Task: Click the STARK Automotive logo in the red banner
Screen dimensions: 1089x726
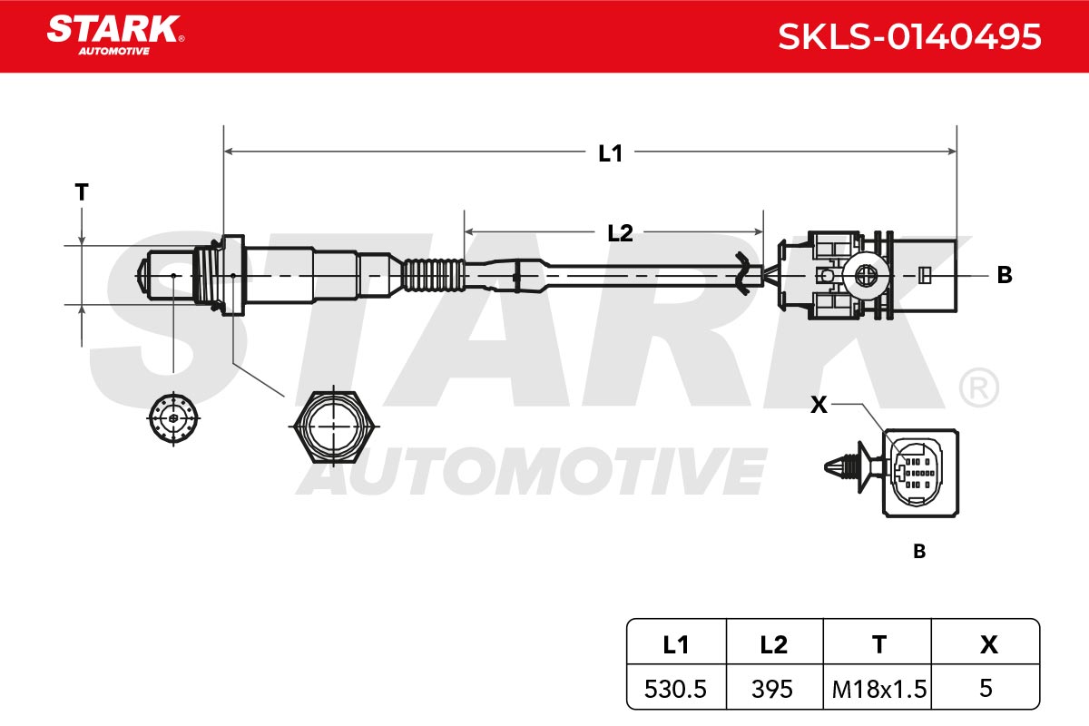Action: tap(115, 35)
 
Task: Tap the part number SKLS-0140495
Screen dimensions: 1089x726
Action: tap(909, 37)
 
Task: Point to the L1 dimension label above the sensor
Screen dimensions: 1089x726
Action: tap(610, 153)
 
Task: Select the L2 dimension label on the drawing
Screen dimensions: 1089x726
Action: tap(621, 233)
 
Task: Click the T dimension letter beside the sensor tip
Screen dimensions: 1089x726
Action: tap(82, 192)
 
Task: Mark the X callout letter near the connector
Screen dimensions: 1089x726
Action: tap(819, 405)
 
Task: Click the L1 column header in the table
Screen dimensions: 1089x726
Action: tap(676, 645)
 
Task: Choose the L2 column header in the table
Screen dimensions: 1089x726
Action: tap(773, 645)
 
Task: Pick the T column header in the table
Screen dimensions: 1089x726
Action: tap(879, 645)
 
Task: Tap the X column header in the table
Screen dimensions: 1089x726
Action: tap(989, 645)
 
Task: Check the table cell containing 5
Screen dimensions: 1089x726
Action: tap(986, 688)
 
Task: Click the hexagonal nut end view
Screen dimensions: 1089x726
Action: tap(334, 427)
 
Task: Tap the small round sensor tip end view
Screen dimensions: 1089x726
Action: tap(173, 418)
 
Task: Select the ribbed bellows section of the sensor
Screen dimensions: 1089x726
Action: tap(434, 276)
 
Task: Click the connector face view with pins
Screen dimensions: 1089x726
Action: tap(920, 473)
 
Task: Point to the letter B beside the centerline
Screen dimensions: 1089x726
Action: tap(1005, 275)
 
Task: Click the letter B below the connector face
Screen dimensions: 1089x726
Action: tap(919, 552)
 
